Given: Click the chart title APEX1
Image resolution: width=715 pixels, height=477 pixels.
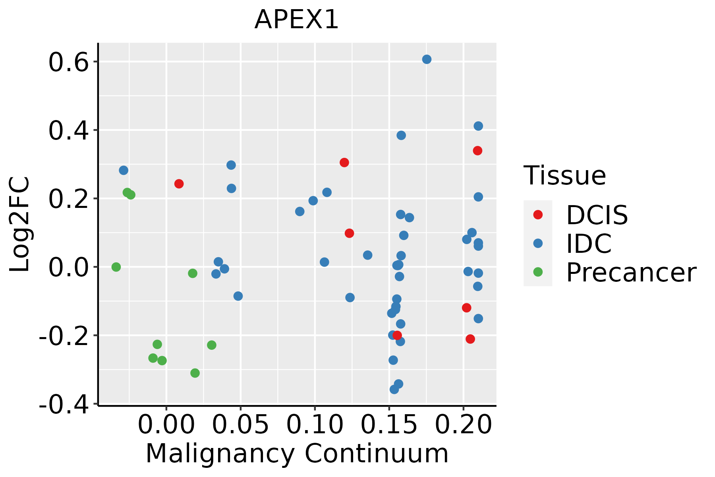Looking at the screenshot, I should tap(296, 19).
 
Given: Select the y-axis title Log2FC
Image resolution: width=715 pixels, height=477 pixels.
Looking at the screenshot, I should tap(20, 224).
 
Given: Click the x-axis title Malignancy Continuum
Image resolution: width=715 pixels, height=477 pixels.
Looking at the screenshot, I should tap(297, 454).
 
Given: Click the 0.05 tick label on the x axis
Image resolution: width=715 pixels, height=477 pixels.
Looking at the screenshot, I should tap(240, 425).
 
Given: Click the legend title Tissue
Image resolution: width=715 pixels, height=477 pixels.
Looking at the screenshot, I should tap(564, 175).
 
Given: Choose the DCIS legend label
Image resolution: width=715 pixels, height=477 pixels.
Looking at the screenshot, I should tap(597, 215).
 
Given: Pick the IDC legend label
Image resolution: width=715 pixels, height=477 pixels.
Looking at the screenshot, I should tap(589, 244).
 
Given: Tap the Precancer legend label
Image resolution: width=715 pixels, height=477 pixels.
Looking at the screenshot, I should tap(631, 273).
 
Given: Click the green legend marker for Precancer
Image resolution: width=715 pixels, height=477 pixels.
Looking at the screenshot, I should tap(538, 272).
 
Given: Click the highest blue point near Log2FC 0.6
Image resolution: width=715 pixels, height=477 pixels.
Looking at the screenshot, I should tap(427, 60).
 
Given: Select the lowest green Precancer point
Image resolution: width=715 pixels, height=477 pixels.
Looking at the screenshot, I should tap(195, 373).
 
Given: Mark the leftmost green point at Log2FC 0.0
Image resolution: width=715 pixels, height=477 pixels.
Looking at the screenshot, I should tap(116, 267).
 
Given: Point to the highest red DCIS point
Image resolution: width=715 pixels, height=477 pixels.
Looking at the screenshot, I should tap(477, 151).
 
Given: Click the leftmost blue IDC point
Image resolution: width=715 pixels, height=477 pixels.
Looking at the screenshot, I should tap(124, 171).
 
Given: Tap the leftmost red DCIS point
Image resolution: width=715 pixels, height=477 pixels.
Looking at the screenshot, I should tap(179, 184).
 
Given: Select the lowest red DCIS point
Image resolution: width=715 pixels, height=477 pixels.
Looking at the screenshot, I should tap(470, 339).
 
